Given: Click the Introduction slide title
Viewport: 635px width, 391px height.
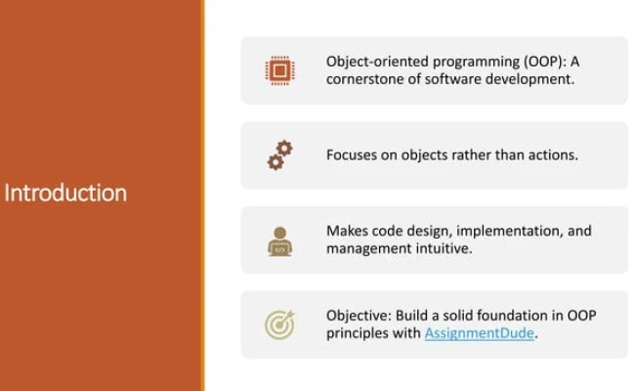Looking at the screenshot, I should point(65,193).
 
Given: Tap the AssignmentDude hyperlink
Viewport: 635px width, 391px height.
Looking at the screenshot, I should point(480,333).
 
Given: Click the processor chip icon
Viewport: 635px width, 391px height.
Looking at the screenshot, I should point(279,70).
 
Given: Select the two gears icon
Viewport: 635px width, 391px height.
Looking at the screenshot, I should point(279,155).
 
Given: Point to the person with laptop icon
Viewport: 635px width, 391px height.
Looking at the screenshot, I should point(279,240).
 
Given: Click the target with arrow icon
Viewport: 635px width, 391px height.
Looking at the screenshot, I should point(279,325).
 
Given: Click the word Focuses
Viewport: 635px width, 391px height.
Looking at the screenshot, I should point(354,154).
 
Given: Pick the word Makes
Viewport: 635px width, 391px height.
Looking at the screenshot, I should point(348,231).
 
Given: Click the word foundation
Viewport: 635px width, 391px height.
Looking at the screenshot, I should point(518,316).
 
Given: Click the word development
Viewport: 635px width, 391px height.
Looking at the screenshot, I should point(528,79).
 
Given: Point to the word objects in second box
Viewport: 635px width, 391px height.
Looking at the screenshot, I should point(437,154).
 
